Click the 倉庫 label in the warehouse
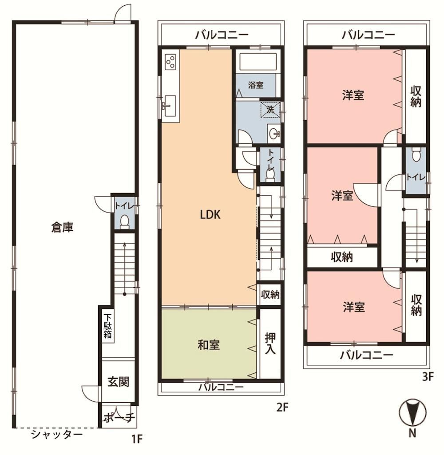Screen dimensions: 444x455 tap(62, 227)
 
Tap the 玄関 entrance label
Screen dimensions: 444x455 tap(118, 382)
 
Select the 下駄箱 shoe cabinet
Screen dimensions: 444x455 tap(107, 326)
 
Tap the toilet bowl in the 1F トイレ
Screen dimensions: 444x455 tap(124, 222)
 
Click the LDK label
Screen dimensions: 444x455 tap(210, 215)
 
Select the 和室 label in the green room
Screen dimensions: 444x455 tap(209, 345)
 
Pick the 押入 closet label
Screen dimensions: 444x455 tap(270, 343)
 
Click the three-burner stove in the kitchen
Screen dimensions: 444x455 tap(170, 62)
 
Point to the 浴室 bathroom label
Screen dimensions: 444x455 tap(256, 85)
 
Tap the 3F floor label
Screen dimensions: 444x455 tap(428, 377)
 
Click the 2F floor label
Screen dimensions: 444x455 tap(282, 408)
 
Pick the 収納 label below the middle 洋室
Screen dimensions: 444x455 tap(342, 257)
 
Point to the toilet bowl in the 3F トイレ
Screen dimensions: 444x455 tap(416, 155)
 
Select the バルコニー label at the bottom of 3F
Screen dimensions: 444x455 tap(367, 355)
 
